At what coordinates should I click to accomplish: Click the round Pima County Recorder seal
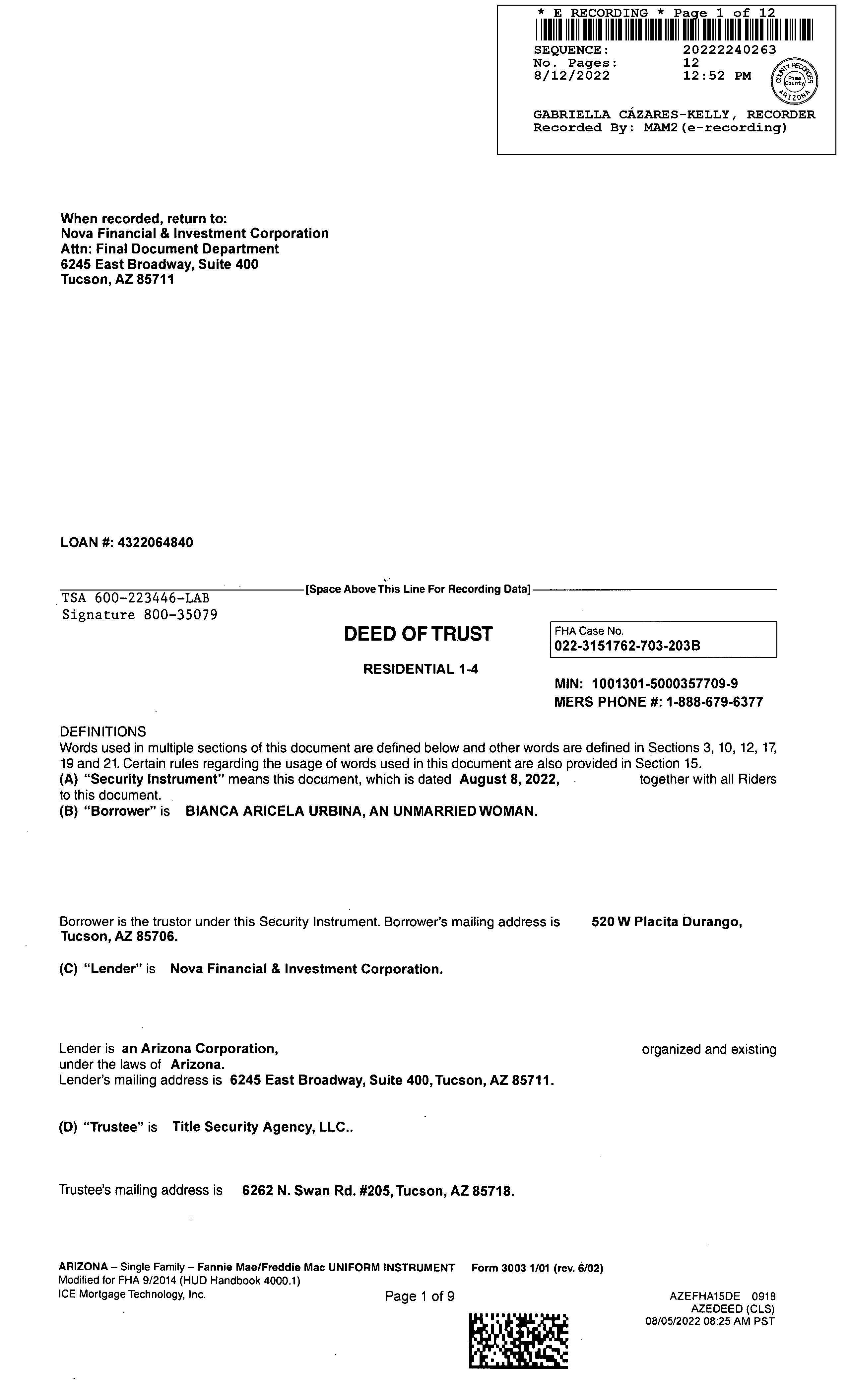(x=795, y=81)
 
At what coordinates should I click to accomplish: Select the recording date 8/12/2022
(x=571, y=76)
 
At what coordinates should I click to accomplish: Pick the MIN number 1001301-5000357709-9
(x=664, y=684)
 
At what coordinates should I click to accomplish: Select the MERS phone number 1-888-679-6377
(x=714, y=702)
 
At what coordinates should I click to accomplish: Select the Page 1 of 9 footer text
(x=419, y=1296)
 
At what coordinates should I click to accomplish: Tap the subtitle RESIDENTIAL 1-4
(x=420, y=669)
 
